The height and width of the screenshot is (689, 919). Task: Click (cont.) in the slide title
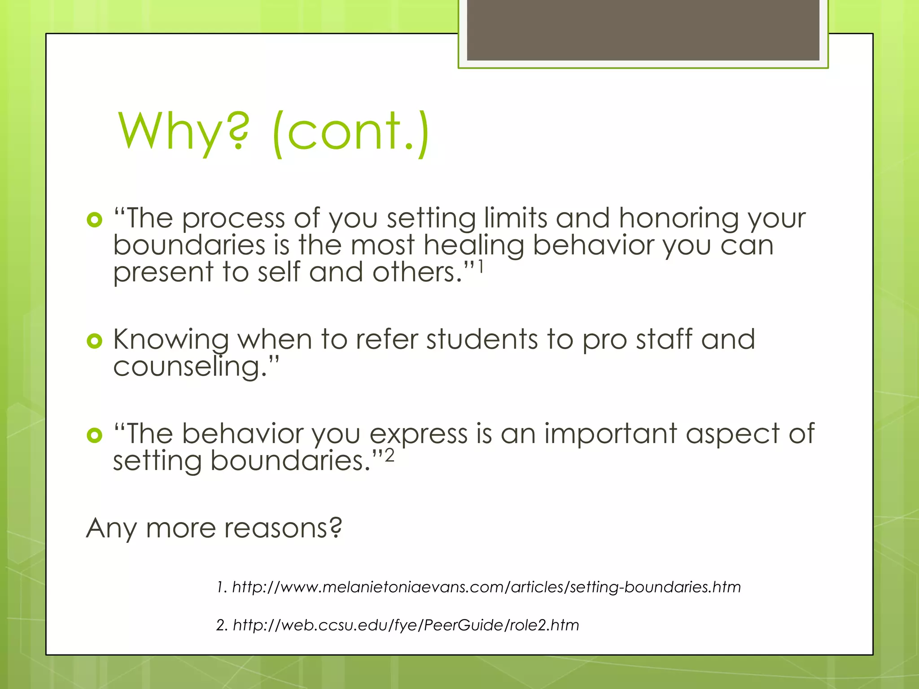pos(350,132)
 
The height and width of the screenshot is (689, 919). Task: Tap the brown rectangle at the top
pos(643,30)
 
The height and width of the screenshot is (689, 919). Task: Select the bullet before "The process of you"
pos(95,220)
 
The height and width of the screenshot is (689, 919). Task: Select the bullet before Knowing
pos(95,341)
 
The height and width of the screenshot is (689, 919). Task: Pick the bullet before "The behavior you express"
pos(95,435)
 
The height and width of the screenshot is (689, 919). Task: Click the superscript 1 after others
pos(480,267)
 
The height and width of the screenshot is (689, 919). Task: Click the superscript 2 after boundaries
pos(389,456)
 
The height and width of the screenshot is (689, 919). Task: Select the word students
pos(481,340)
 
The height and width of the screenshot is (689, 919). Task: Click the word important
pos(610,434)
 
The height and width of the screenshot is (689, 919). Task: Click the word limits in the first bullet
pos(515,219)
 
